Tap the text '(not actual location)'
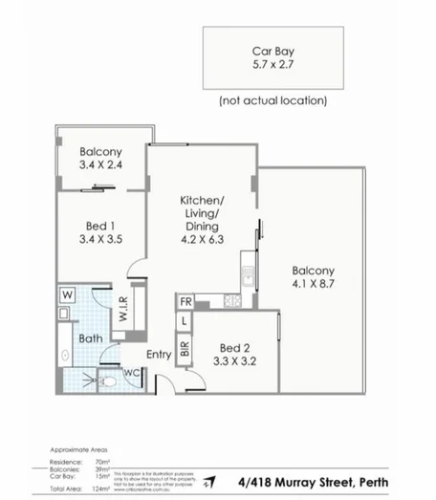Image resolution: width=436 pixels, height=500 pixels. [273, 100]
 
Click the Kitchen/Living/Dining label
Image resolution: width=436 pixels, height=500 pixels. [201, 221]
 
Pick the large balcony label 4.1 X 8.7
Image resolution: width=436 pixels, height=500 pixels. [313, 278]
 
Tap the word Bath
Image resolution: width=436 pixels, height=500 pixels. [92, 338]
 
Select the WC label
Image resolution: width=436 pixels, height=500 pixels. [131, 372]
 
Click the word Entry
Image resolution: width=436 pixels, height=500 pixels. [159, 355]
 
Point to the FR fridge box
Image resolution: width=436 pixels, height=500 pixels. [185, 302]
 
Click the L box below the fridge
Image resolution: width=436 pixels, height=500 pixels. [185, 322]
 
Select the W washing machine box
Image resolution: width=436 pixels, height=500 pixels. [66, 293]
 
